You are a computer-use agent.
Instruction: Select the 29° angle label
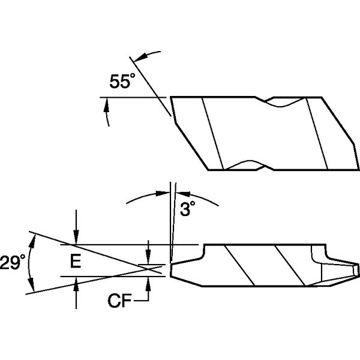tap(13, 262)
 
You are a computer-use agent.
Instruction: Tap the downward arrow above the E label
tap(76, 238)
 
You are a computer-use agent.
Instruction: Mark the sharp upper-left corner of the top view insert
tap(172, 97)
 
